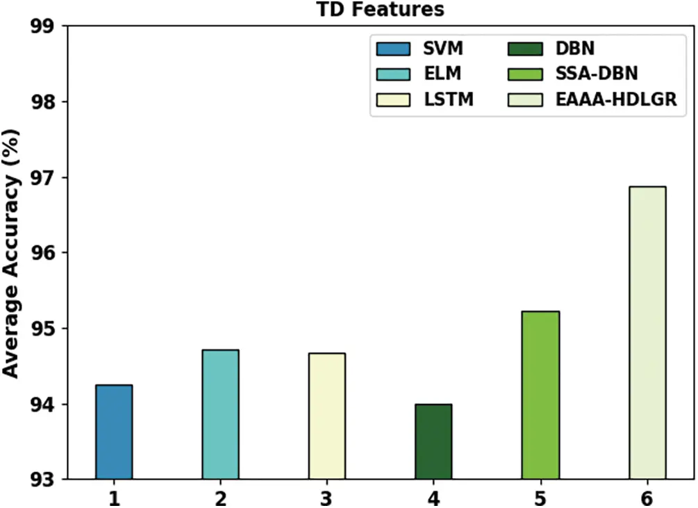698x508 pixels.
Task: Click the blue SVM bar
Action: pos(114,432)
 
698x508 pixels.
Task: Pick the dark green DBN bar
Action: pos(433,441)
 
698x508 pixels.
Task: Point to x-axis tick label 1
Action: pos(114,498)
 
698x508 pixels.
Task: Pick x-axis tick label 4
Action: pos(433,498)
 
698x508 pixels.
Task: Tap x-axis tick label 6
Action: pos(647,498)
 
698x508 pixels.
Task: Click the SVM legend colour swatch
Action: pos(393,49)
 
